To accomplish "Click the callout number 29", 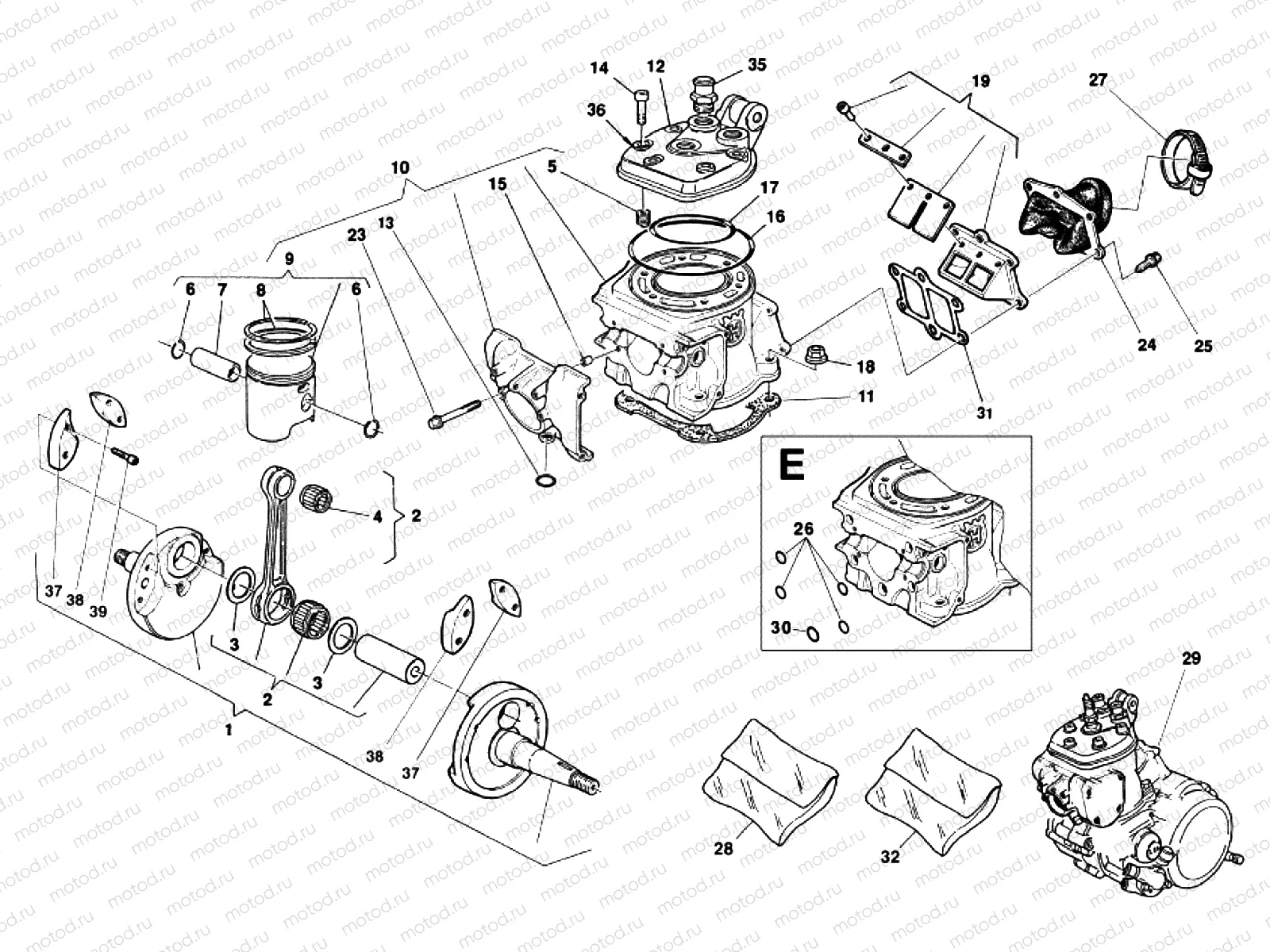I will (x=1191, y=658).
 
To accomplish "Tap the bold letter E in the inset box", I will (x=791, y=466).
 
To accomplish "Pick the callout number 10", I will (x=400, y=167).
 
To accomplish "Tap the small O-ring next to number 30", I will (x=812, y=633).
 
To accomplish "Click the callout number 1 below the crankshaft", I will (x=229, y=730).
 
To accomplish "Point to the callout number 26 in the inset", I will (x=803, y=528).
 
